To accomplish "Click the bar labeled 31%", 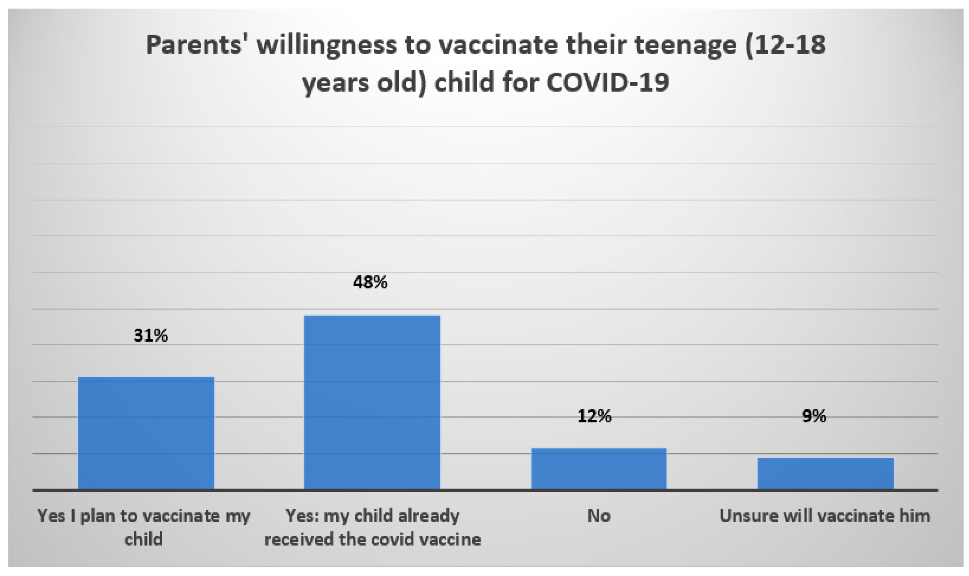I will click(x=146, y=433).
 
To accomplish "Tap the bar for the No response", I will click(x=598, y=469).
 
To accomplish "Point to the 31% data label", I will click(x=151, y=336).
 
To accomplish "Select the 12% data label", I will click(x=594, y=416).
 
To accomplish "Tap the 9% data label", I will click(x=814, y=416).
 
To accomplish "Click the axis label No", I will click(x=599, y=516).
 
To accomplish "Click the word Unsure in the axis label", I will click(x=747, y=516).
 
